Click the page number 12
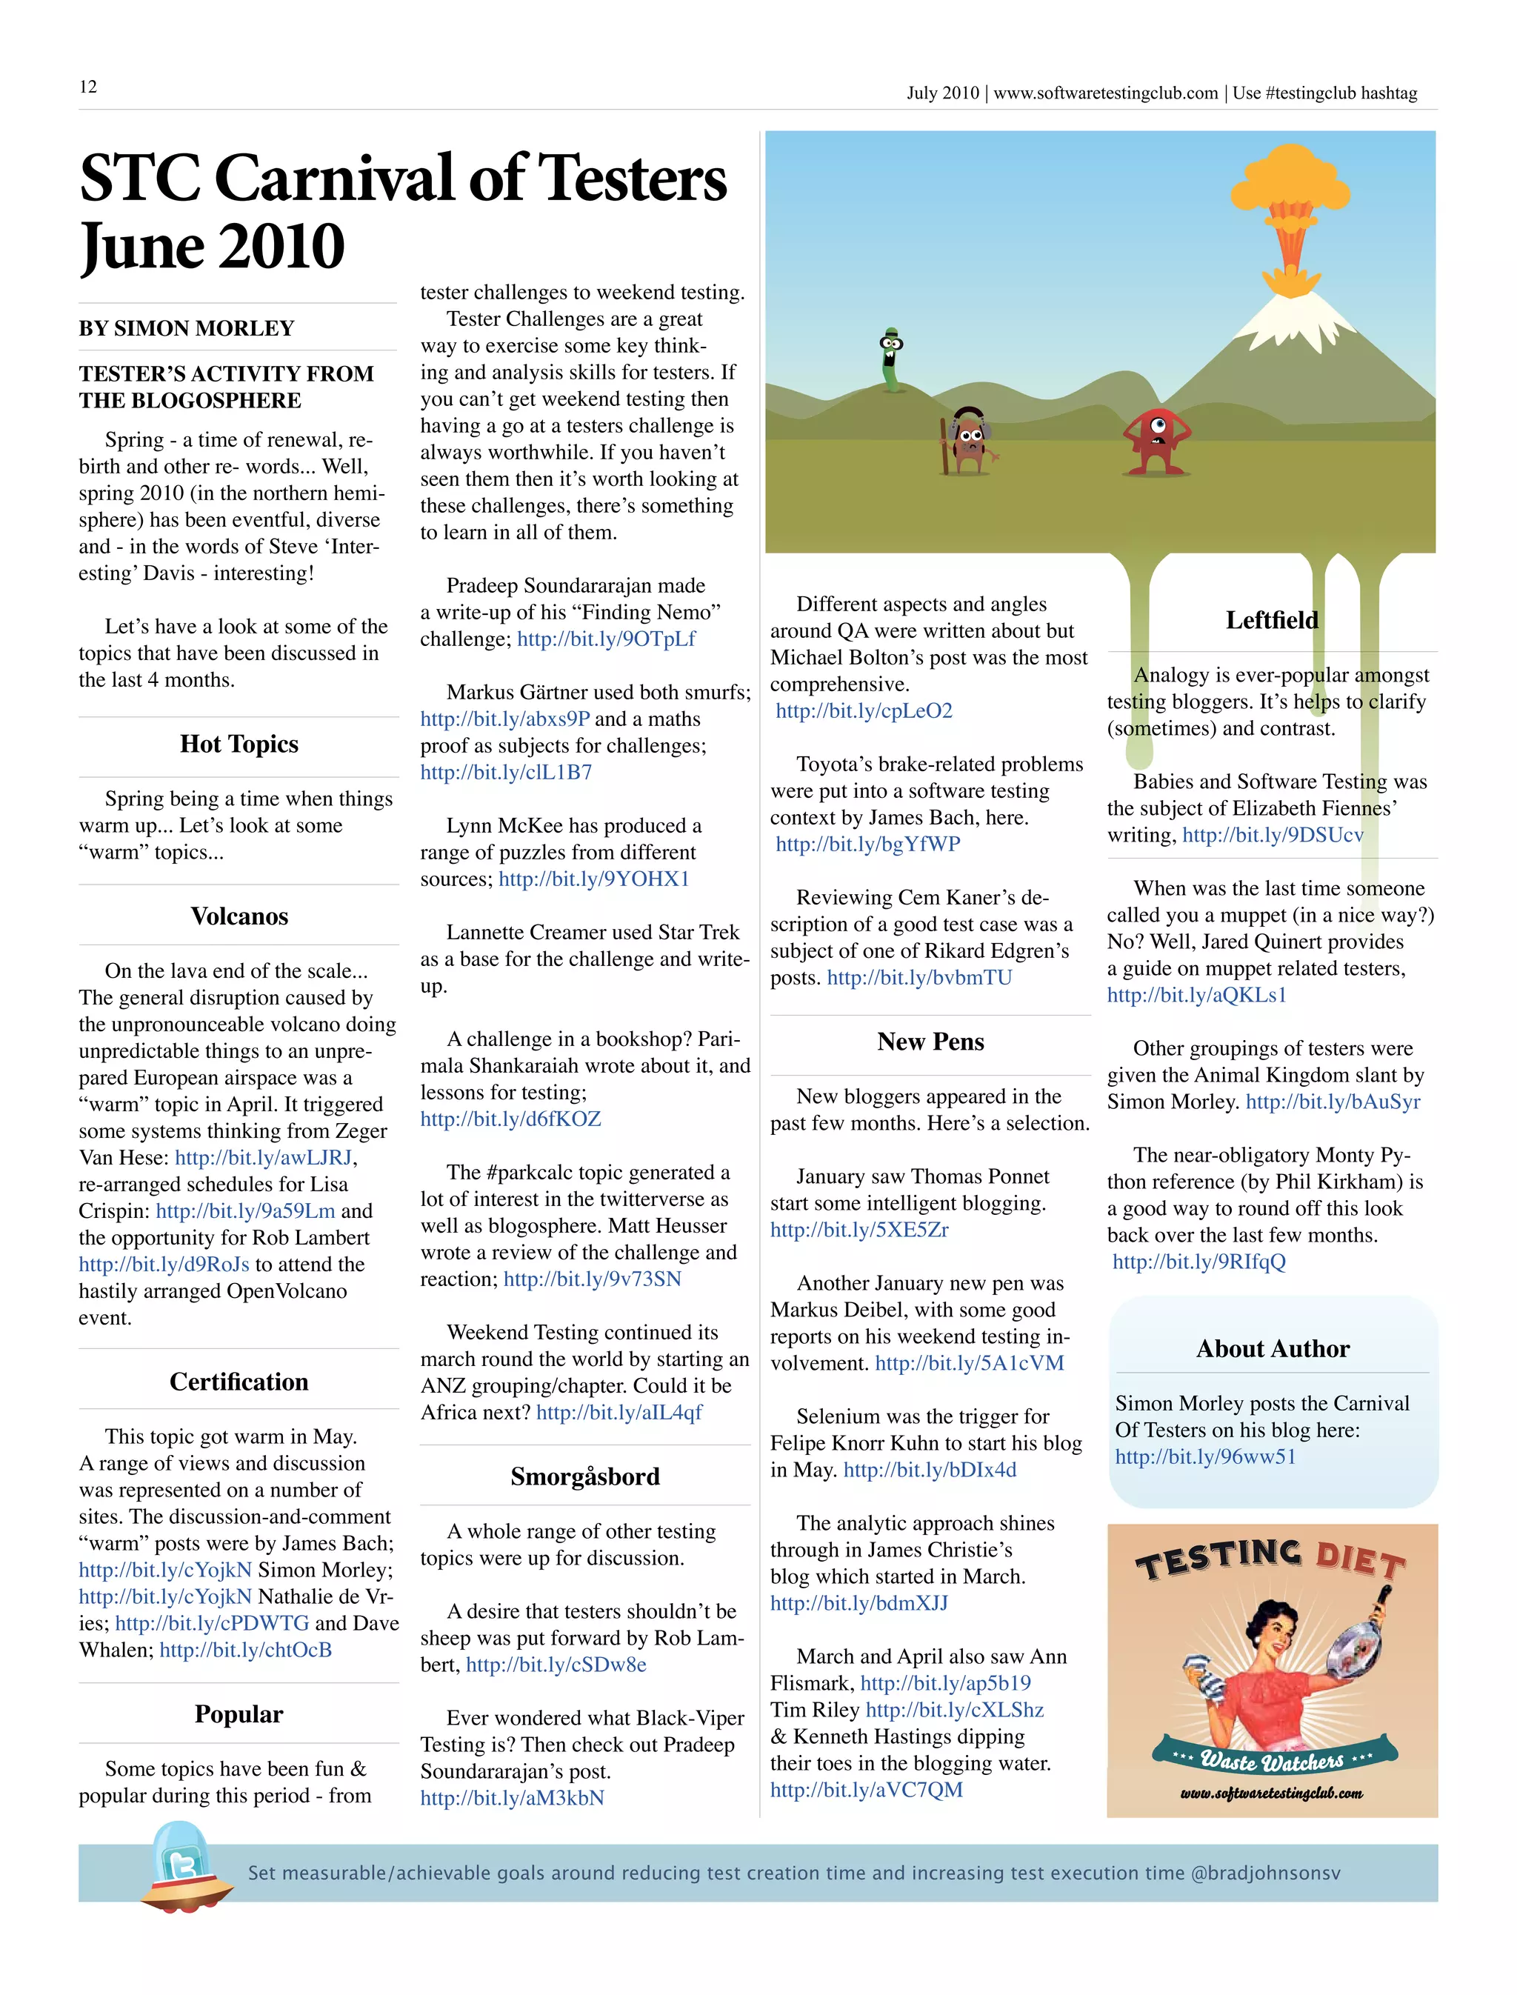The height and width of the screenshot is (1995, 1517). [87, 87]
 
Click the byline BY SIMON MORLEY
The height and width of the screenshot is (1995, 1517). [186, 328]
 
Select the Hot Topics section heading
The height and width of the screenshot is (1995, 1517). [239, 745]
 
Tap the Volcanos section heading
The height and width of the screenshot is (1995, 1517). [239, 916]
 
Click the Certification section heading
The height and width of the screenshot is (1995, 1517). [239, 1382]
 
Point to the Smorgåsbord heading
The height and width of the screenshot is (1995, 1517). [584, 1476]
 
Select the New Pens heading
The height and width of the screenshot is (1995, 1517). [930, 1042]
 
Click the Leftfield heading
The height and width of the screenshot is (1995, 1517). [1271, 621]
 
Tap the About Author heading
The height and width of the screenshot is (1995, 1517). [1273, 1348]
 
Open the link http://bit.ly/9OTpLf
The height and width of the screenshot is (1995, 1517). [606, 639]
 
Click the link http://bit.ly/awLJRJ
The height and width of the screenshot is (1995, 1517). [264, 1158]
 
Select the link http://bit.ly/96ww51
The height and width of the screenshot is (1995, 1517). [1204, 1456]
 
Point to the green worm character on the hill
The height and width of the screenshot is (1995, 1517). [891, 359]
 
